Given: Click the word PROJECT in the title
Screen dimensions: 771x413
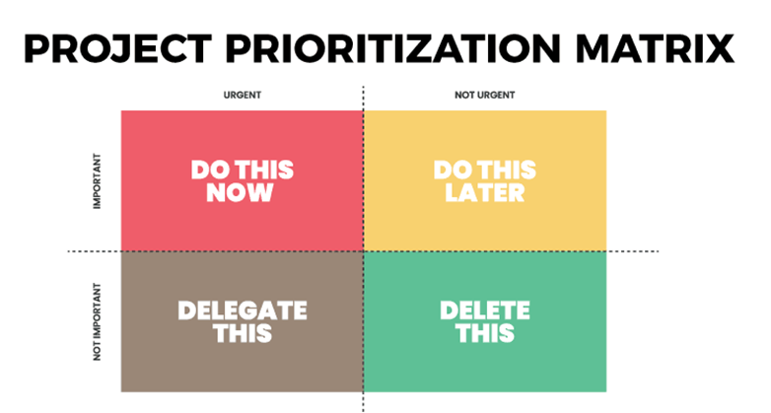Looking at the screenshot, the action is point(118,48).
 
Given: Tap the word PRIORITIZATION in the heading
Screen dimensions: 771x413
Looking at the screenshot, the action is point(393,48).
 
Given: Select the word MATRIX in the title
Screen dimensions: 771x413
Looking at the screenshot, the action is point(655,48).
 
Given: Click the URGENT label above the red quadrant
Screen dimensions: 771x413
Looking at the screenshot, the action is point(243,95).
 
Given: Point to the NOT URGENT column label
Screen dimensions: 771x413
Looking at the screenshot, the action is point(485,95).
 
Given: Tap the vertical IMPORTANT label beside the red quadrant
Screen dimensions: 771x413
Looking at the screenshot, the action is point(97,181).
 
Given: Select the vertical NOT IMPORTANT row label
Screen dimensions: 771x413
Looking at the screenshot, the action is point(97,321).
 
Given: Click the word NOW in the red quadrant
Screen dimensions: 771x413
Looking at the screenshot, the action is point(240,192).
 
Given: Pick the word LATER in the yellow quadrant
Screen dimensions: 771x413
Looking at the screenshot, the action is point(485,192).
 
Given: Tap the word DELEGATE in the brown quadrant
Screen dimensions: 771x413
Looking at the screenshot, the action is point(243,310).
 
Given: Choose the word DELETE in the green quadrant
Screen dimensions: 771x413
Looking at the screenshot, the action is point(485,310).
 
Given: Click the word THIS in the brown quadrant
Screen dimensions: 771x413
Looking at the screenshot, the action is point(243,333).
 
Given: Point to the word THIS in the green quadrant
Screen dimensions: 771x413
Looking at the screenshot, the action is point(485,333).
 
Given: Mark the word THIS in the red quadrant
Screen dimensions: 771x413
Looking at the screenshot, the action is point(264,171).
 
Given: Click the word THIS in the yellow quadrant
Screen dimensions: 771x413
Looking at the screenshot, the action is point(507,171).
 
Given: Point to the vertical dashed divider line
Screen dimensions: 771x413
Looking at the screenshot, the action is point(364,249).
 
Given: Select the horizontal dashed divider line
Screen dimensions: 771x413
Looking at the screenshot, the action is point(364,251).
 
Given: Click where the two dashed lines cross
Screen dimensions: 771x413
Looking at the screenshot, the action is point(364,251).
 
